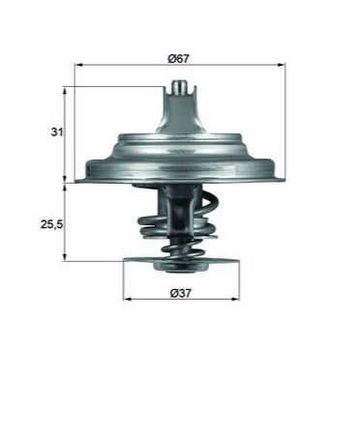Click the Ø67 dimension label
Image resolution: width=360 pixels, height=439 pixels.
point(179,59)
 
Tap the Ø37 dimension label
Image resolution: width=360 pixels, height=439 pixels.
point(181,293)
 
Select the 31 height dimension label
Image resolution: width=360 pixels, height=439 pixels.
point(57,132)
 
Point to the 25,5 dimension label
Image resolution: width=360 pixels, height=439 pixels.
point(51,224)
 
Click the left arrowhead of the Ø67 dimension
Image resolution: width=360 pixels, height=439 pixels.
point(77,65)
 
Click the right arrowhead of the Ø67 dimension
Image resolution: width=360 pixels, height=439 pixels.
point(283,65)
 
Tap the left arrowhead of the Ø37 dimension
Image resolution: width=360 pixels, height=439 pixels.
point(127,299)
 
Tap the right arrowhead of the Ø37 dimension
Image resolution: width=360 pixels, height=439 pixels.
point(236,299)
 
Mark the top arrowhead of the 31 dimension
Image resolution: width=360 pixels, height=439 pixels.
point(65,91)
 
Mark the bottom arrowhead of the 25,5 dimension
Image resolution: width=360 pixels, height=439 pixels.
point(65,257)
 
